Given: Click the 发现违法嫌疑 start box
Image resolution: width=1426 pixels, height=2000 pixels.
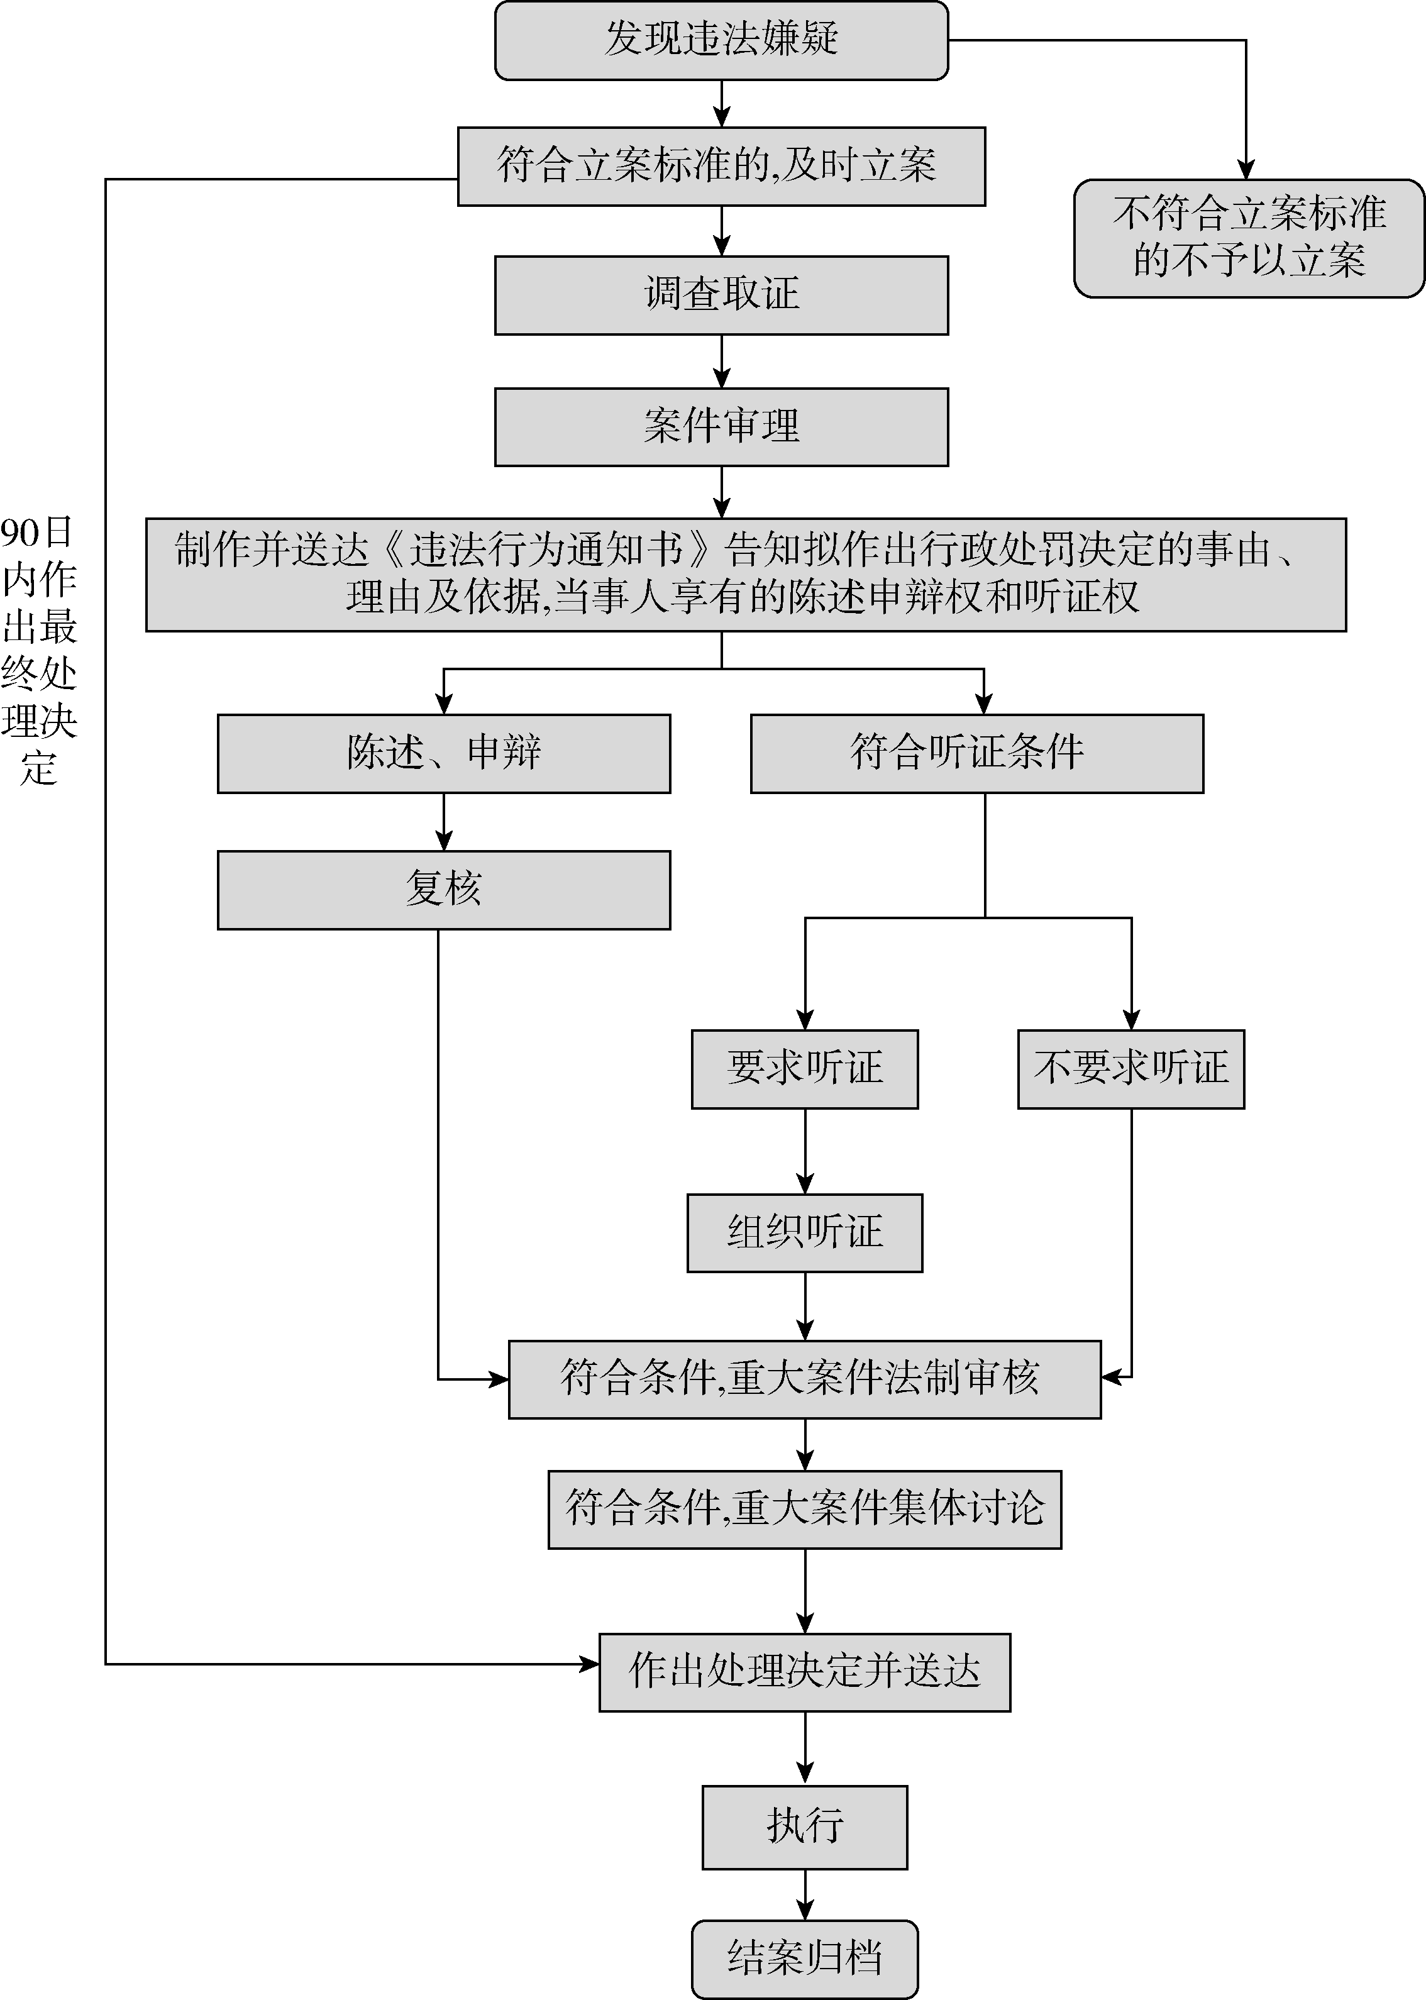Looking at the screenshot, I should point(721,40).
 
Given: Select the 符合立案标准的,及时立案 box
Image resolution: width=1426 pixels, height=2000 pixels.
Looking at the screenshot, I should point(721,166).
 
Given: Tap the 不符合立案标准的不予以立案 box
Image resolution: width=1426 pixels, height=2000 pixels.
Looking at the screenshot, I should point(1247,238).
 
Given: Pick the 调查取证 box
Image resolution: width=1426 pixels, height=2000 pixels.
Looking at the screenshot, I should point(721,295).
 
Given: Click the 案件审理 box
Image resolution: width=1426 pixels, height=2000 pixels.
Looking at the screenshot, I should point(721,427).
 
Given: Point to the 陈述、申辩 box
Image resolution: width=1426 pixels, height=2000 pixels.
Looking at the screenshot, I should point(443,753).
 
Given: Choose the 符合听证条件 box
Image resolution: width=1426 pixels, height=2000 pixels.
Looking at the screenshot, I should point(976,753).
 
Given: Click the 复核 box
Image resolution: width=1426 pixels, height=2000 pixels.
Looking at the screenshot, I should point(443,890).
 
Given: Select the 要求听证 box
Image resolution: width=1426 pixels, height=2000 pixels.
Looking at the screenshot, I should point(804,1068).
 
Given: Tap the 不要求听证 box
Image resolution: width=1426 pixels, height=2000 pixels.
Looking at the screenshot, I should point(1131,1068).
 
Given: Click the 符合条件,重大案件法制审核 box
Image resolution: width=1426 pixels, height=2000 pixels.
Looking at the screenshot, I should point(804,1378).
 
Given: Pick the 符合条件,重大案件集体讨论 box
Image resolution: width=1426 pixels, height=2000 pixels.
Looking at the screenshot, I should point(804,1509).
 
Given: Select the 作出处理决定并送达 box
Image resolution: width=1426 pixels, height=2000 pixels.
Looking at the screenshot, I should point(804,1672).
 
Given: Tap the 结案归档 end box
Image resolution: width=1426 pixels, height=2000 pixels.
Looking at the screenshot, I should point(804,1959).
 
